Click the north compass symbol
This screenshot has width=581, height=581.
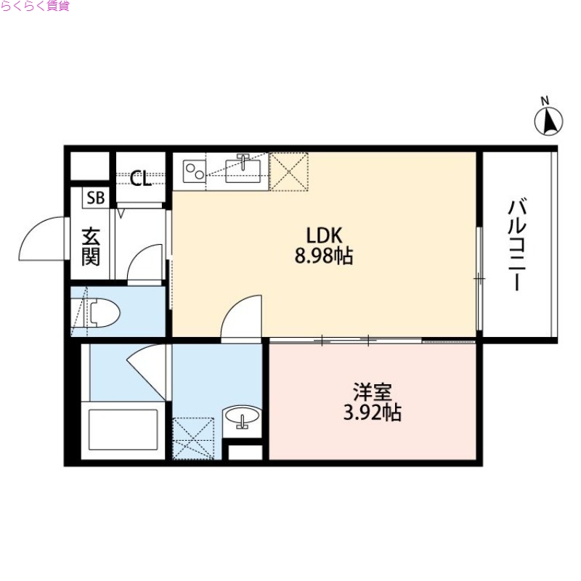[550, 121]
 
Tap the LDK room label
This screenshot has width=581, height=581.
[324, 235]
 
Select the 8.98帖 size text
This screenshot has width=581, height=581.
[324, 256]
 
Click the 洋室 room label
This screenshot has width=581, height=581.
[373, 392]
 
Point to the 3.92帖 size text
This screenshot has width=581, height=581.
[373, 413]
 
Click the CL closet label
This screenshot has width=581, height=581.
[141, 179]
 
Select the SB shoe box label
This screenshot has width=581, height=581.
[95, 198]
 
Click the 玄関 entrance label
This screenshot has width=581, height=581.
[91, 247]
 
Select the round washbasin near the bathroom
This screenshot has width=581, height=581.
[242, 417]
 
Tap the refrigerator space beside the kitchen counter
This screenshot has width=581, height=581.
[289, 171]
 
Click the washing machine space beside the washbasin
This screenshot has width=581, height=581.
[193, 439]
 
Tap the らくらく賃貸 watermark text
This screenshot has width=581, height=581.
[36, 7]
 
